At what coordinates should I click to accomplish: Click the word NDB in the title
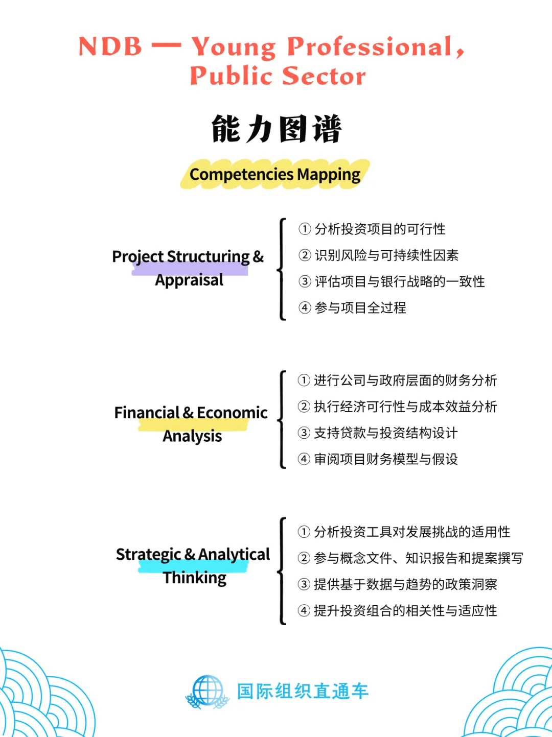pyautogui.click(x=110, y=46)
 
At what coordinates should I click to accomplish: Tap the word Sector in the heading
pyautogui.click(x=324, y=76)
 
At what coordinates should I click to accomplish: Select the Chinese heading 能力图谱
pyautogui.click(x=276, y=129)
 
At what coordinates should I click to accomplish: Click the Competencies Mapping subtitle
pyautogui.click(x=275, y=174)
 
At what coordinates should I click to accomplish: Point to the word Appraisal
pyautogui.click(x=189, y=280)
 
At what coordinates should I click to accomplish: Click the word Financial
pyautogui.click(x=147, y=412)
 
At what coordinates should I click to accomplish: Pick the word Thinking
pyautogui.click(x=195, y=578)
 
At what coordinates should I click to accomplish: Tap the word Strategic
pyautogui.click(x=148, y=554)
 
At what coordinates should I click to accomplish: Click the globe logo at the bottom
pyautogui.click(x=208, y=692)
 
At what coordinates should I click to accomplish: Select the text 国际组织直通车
pyautogui.click(x=303, y=691)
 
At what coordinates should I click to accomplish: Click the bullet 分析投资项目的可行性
pyautogui.click(x=380, y=229)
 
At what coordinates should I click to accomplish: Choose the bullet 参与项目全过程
pyautogui.click(x=360, y=307)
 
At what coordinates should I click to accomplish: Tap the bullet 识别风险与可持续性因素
pyautogui.click(x=386, y=255)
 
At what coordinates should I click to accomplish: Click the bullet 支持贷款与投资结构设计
pyautogui.click(x=385, y=433)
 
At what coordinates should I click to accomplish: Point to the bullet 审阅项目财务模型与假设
pyautogui.click(x=385, y=459)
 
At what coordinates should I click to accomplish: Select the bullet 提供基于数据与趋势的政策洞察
pyautogui.click(x=405, y=584)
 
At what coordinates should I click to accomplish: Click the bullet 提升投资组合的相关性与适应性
pyautogui.click(x=405, y=610)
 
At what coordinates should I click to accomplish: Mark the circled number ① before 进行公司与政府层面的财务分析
pyautogui.click(x=304, y=380)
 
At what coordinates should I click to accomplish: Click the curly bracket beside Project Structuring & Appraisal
pyautogui.click(x=282, y=269)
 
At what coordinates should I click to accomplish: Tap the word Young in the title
pyautogui.click(x=233, y=47)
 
